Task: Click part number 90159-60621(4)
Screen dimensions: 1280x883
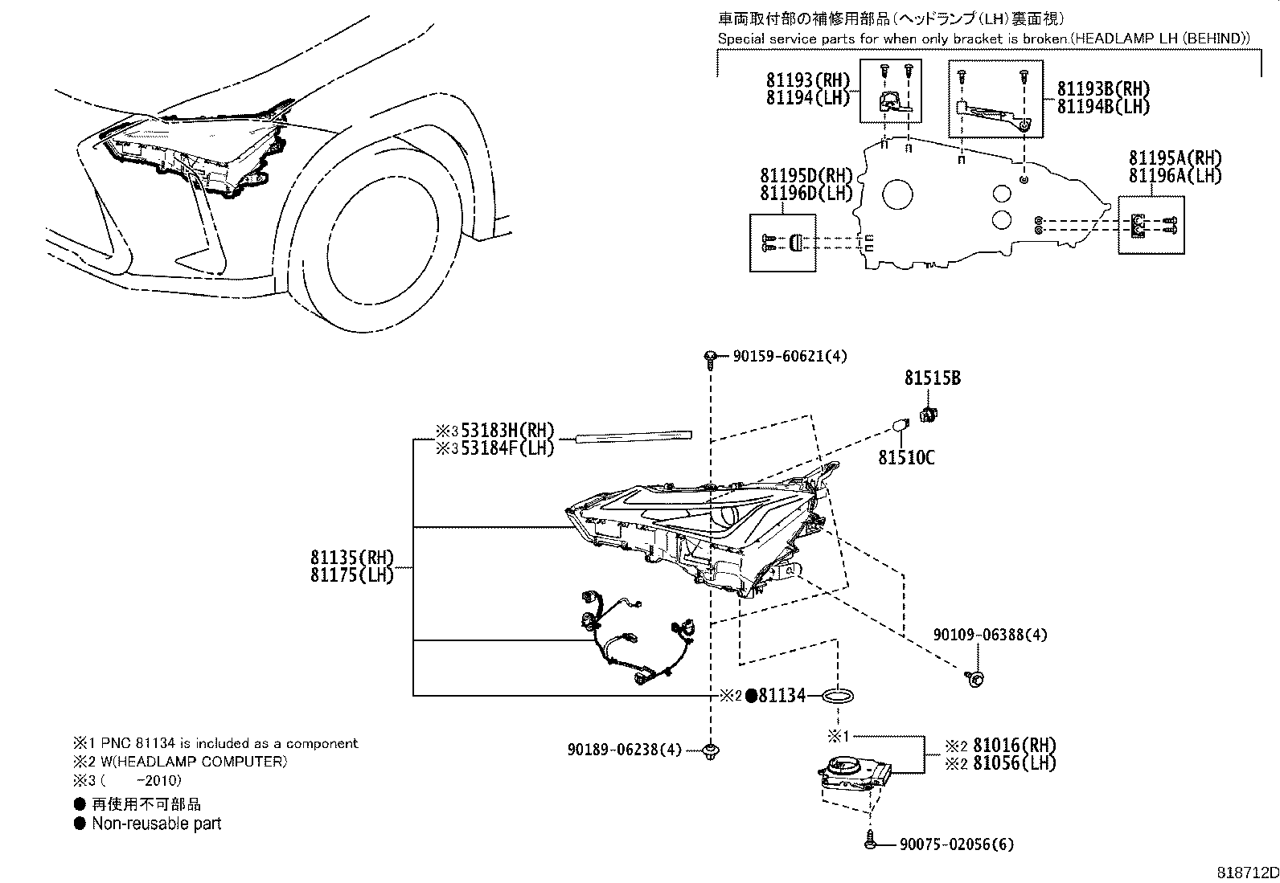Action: [790, 357]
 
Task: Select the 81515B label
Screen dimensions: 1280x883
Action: [932, 378]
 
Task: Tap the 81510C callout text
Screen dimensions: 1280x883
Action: [906, 457]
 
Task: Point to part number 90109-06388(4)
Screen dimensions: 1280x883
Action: [991, 635]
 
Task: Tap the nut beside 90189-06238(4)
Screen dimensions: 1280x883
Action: [710, 751]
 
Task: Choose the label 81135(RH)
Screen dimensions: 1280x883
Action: [352, 558]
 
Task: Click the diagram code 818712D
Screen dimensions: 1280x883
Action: [1247, 873]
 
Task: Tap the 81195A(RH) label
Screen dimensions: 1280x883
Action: [1175, 158]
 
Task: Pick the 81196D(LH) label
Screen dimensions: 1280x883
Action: [806, 194]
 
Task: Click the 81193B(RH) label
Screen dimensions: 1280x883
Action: [1103, 89]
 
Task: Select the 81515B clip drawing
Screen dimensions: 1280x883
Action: [929, 415]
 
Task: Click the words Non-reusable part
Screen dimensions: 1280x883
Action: [157, 823]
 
